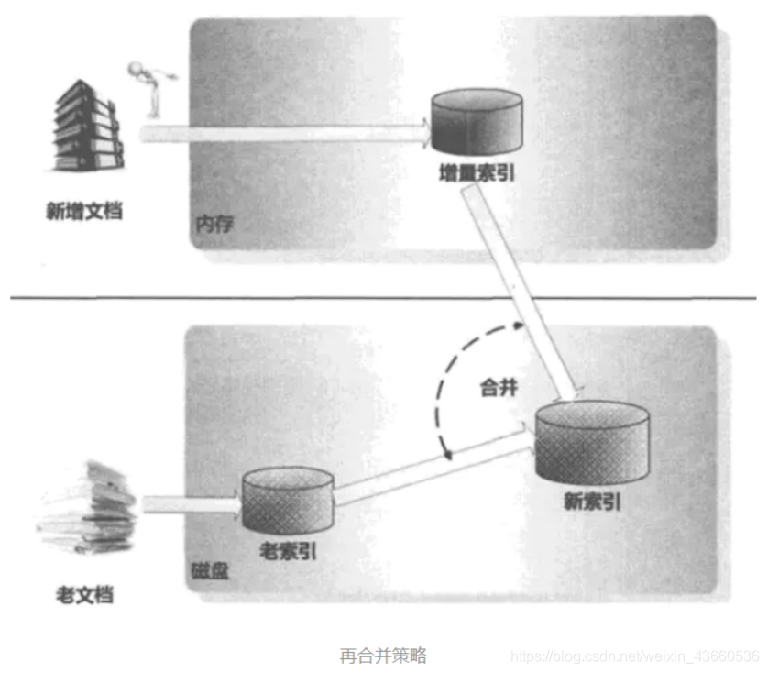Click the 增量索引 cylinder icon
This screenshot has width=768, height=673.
tap(477, 122)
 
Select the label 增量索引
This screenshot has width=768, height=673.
tap(477, 172)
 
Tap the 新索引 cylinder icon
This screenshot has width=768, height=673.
tap(593, 442)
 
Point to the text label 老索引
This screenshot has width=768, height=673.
tap(287, 553)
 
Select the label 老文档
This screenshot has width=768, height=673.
tap(84, 594)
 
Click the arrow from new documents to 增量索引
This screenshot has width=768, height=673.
tap(284, 134)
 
